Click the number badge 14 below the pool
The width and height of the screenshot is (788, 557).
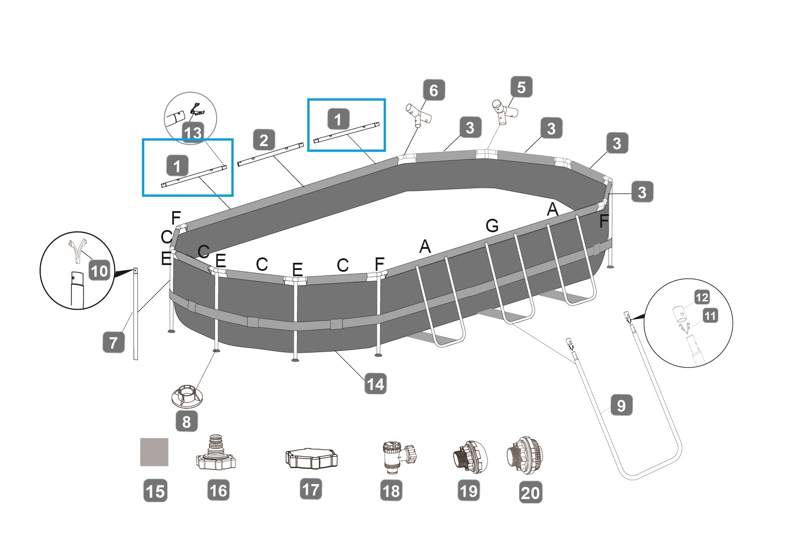375,385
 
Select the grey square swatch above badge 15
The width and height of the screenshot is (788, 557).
154,452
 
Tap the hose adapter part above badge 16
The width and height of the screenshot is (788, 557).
217,452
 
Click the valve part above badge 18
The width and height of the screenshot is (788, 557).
398,456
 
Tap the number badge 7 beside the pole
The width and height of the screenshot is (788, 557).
113,343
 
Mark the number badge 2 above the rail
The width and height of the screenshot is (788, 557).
264,140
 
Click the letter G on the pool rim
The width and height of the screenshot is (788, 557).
492,225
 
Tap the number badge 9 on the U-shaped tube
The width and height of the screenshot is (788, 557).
621,406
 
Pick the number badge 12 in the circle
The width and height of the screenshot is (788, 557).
702,297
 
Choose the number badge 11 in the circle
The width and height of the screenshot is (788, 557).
709,316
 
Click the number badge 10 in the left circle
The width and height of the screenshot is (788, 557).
99,271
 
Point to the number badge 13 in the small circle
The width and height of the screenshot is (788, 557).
192,133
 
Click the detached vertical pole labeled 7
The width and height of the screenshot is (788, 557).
136,314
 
